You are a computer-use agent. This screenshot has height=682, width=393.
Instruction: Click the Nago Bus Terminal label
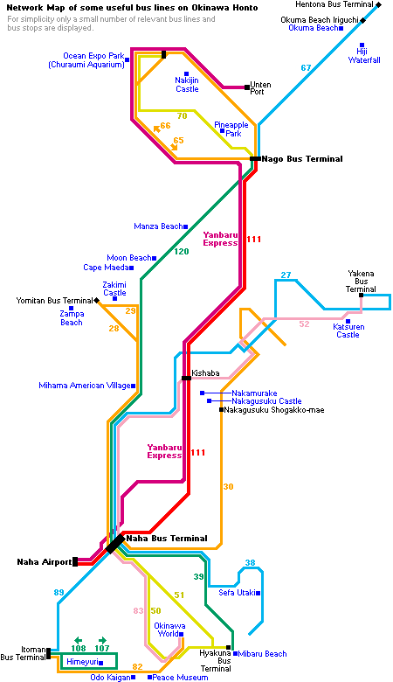coord(302,159)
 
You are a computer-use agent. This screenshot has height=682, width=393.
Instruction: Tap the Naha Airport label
coord(44,561)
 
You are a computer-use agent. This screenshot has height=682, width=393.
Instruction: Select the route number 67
coord(307,67)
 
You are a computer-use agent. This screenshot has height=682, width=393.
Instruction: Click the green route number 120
coord(182,252)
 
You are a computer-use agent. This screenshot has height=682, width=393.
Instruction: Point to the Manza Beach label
coord(158,226)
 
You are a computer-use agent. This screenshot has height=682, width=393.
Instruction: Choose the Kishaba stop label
coord(205,372)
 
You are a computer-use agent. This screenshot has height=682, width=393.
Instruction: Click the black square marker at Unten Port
coord(247,87)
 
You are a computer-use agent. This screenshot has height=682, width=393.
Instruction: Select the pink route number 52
coord(305,324)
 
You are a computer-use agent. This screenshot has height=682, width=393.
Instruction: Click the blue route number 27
coord(286,275)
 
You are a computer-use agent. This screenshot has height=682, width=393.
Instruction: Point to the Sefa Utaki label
coord(237,593)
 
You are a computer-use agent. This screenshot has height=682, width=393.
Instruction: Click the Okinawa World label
coord(169,630)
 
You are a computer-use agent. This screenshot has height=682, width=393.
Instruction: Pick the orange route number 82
coord(137,667)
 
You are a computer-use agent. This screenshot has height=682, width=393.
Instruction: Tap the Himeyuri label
coord(82,662)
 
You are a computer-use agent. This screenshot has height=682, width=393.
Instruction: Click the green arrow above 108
coord(79,640)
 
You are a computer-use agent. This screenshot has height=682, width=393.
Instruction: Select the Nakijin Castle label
coord(187,85)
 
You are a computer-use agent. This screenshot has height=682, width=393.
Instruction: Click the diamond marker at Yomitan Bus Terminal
coord(96,300)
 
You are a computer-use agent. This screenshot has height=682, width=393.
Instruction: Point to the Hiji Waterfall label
coord(364,56)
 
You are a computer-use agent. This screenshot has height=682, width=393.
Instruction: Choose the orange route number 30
coord(228,487)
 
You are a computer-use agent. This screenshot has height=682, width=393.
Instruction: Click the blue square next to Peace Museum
coord(150,678)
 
